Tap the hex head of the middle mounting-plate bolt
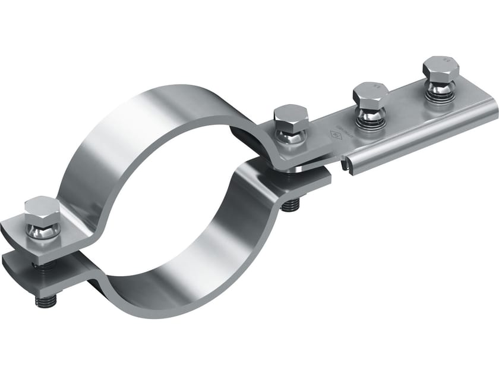tap(371, 92)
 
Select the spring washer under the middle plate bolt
tap(369, 121)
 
